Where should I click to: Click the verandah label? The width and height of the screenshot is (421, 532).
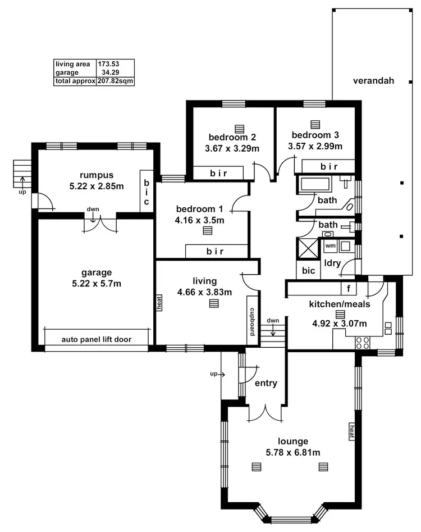(373, 80)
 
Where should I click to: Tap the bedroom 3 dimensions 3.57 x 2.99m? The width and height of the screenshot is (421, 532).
(315, 146)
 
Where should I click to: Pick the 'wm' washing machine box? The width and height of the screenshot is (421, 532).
(330, 245)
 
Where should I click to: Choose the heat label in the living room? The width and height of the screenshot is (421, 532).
(159, 303)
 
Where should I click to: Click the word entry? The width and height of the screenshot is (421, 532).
(266, 383)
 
